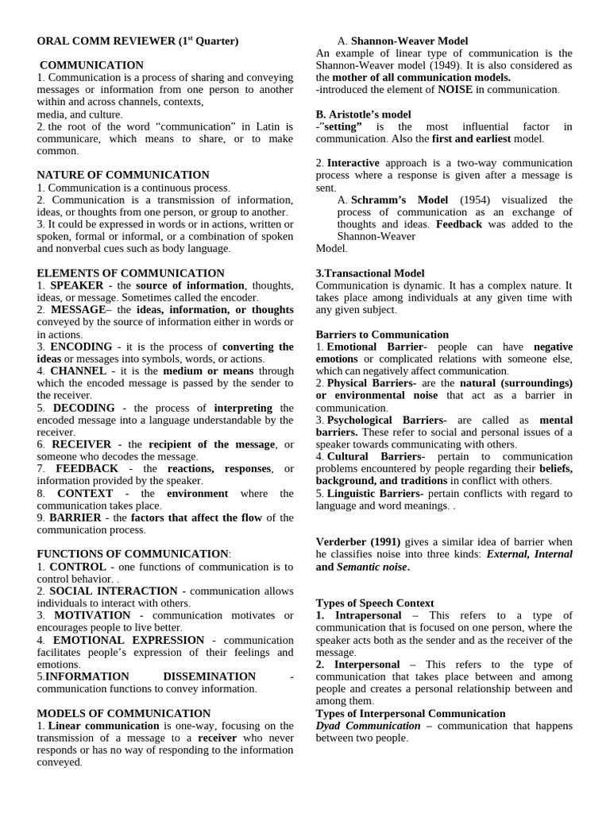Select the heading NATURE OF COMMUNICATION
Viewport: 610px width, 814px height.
coord(123,175)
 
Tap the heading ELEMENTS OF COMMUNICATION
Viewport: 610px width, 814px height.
coord(131,273)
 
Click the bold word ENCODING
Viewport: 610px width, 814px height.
coord(81,347)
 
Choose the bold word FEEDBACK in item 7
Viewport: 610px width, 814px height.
coord(87,469)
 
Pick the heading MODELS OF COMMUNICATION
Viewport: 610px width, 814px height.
coord(124,713)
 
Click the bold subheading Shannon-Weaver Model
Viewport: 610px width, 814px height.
coord(409,41)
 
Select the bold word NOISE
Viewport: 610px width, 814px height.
coord(455,90)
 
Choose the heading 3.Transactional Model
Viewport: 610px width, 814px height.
coord(370,273)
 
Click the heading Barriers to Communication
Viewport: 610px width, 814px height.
coord(382,335)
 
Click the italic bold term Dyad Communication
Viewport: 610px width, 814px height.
coord(368,726)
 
